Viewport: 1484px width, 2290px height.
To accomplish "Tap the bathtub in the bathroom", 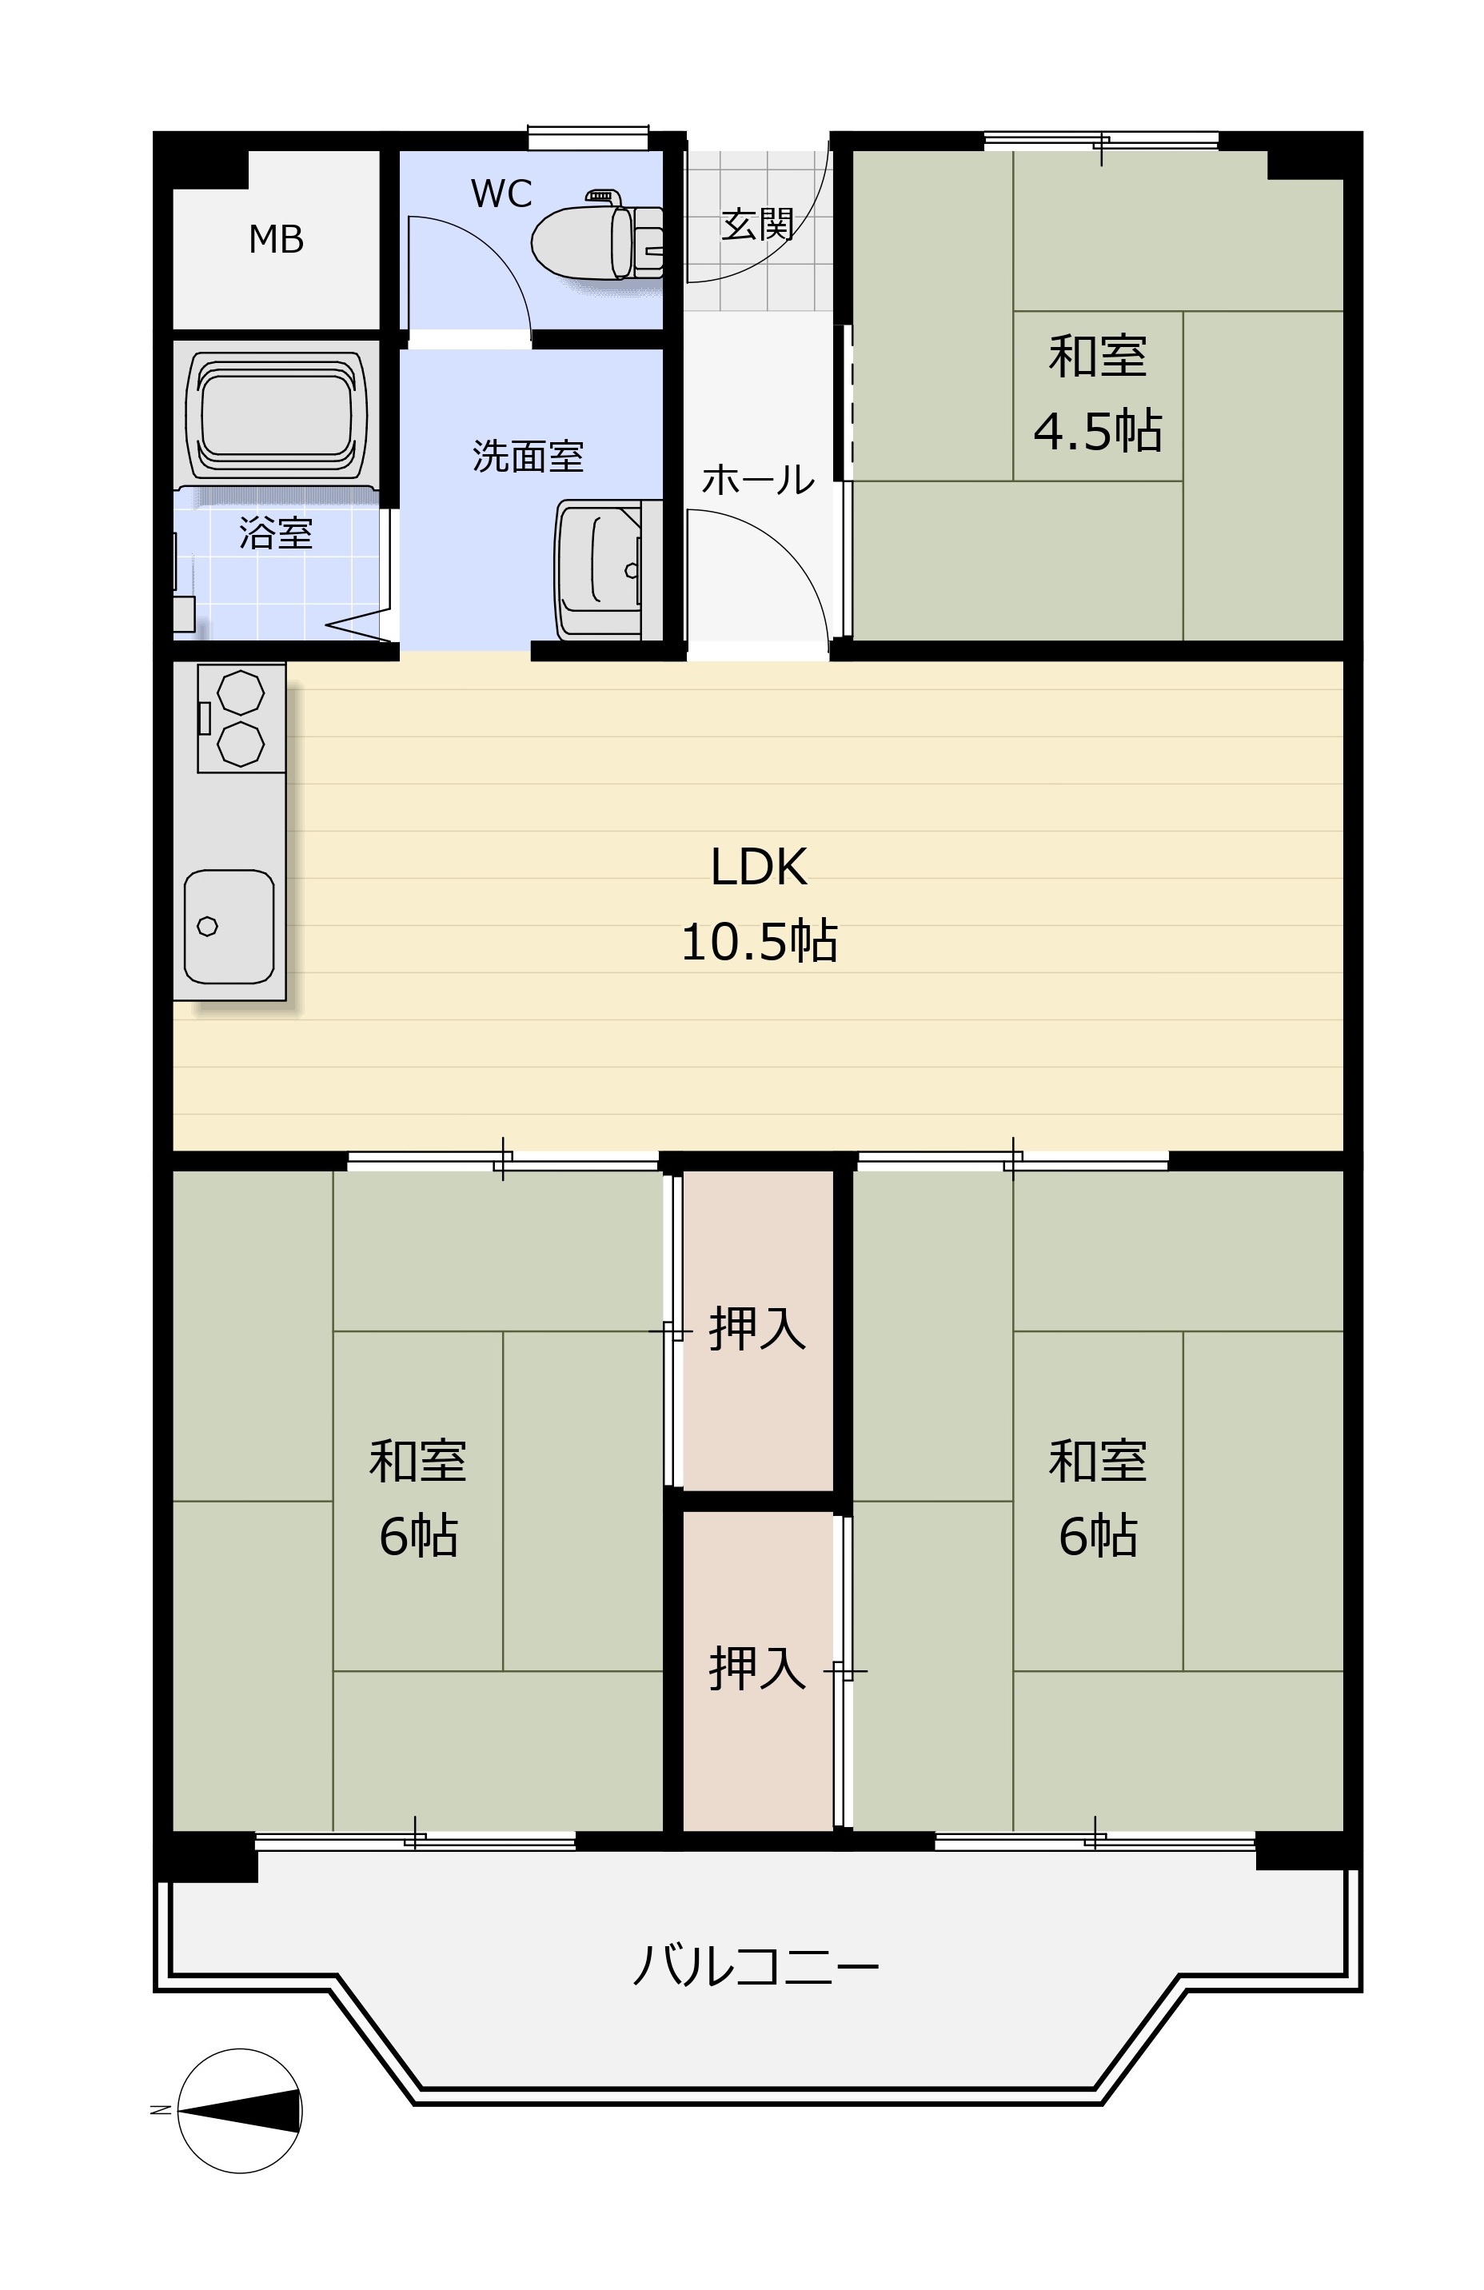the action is (x=276, y=416).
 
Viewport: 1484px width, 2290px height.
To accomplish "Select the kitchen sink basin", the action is (x=229, y=927).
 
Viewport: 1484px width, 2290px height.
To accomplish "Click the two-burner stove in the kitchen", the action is (x=241, y=717).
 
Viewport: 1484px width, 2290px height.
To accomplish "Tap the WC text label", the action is (x=501, y=194).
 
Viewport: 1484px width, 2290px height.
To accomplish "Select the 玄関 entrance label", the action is (x=757, y=225).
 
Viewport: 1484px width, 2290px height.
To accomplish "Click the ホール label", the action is (x=758, y=479).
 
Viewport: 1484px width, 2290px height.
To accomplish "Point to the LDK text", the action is (x=758, y=867).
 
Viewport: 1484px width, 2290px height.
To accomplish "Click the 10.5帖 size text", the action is (x=758, y=941).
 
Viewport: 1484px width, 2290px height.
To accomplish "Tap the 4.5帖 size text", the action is (x=1097, y=430).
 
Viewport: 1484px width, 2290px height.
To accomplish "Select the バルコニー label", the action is (x=756, y=1965).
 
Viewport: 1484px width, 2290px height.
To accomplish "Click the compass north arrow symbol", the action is (x=240, y=2111).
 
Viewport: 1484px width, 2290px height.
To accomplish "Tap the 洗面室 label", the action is (x=529, y=456).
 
